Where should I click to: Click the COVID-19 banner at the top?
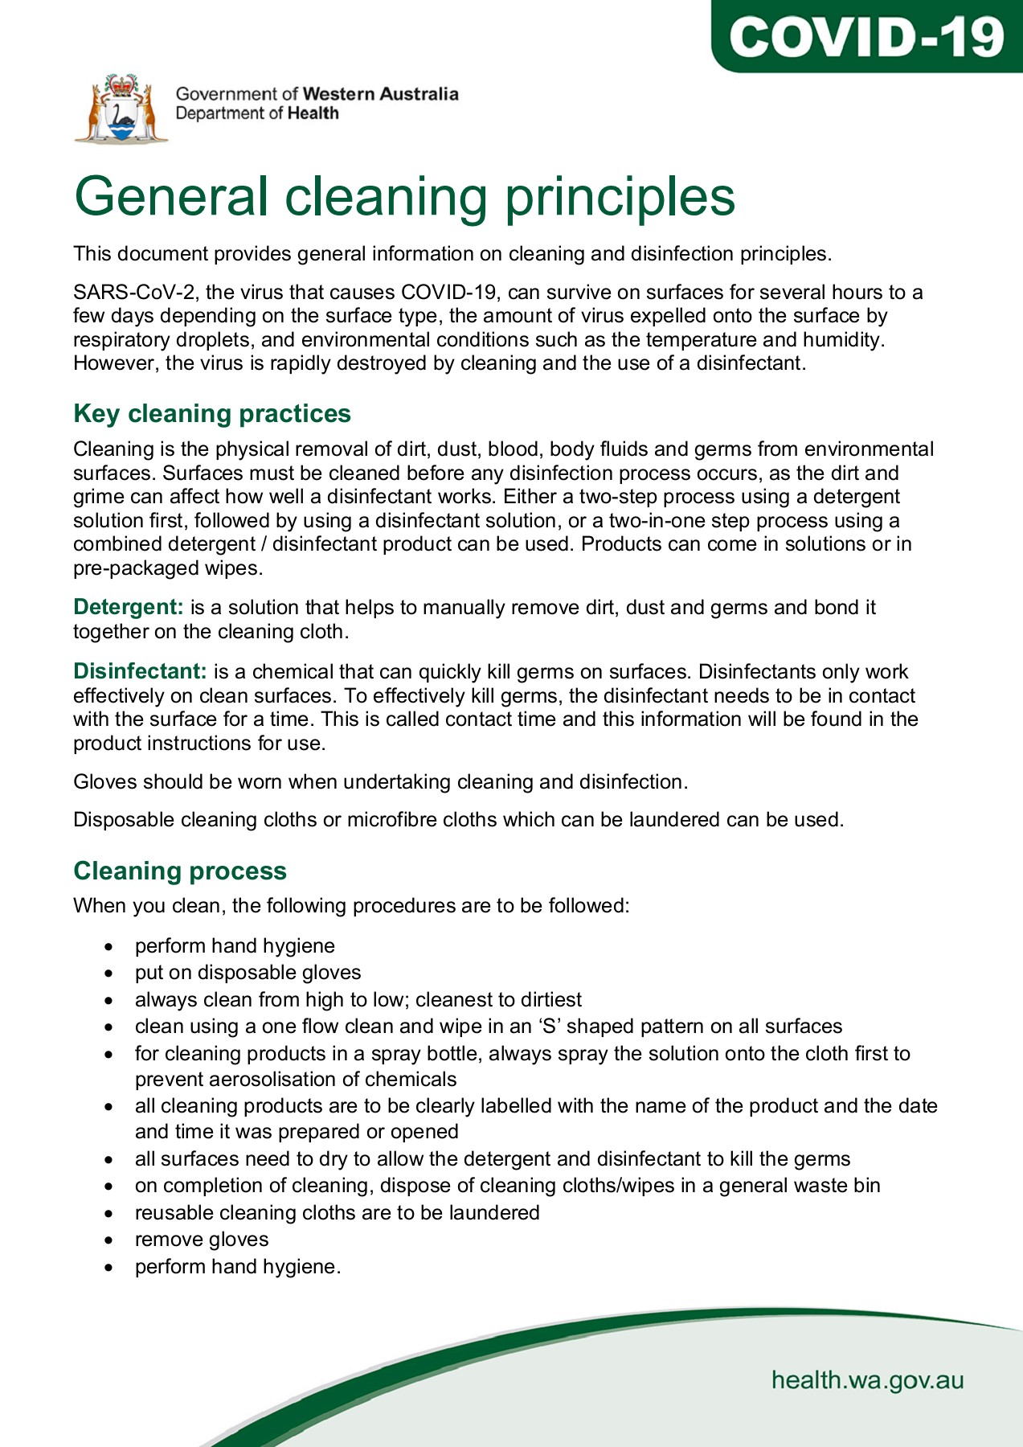click(866, 36)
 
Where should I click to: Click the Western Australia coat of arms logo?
click(122, 109)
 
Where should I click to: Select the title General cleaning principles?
click(404, 196)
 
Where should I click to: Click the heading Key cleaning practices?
click(212, 413)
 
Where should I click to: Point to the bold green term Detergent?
click(129, 607)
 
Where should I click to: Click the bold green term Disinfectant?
click(141, 671)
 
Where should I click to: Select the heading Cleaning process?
click(180, 871)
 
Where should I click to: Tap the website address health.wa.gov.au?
click(867, 1380)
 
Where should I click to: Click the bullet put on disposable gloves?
click(248, 973)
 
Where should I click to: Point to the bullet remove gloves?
click(202, 1240)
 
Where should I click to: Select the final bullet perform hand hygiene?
click(237, 1267)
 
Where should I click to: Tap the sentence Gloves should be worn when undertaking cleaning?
click(380, 781)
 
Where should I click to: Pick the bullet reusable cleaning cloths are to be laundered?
click(337, 1212)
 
